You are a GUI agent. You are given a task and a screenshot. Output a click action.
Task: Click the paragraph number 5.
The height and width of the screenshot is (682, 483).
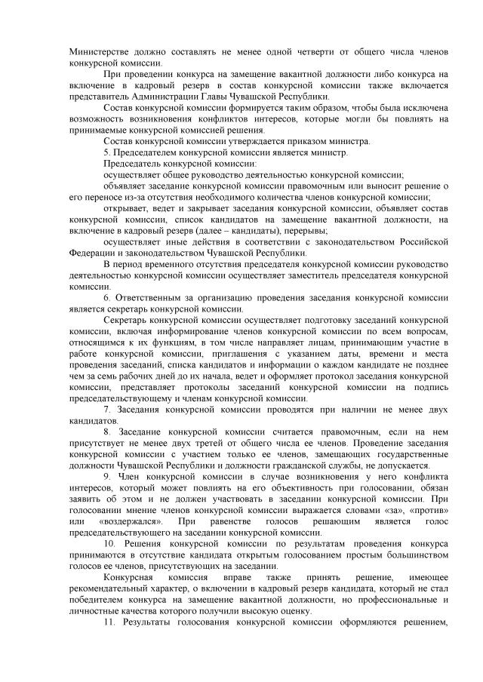pyautogui.click(x=106, y=152)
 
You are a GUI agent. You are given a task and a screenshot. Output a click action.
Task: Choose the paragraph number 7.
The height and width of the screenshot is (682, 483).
pyautogui.click(x=106, y=404)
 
